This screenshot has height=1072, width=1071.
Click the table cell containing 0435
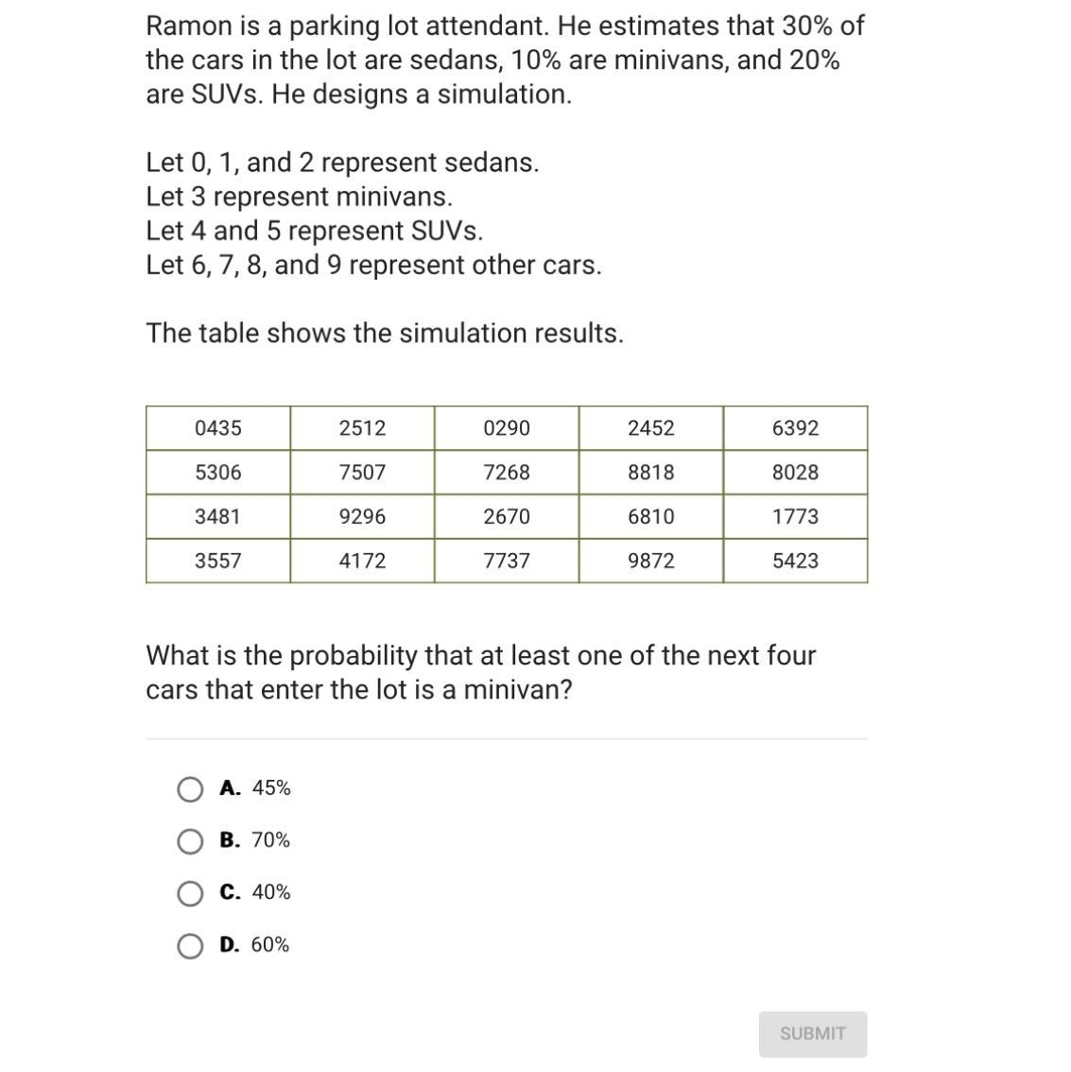click(218, 428)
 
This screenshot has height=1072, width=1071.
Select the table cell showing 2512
click(362, 428)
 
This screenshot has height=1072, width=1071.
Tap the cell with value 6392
click(795, 428)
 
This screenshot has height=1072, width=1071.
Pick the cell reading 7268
click(507, 472)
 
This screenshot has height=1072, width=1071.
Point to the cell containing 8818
click(651, 472)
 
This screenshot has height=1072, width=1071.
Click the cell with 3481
click(218, 516)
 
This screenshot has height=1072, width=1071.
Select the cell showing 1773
click(795, 516)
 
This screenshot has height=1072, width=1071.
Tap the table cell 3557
click(218, 561)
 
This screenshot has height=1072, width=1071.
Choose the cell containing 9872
click(651, 561)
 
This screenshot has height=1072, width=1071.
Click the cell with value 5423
click(795, 561)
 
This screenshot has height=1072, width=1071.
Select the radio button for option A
click(190, 789)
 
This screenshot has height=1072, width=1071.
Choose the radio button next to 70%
click(190, 841)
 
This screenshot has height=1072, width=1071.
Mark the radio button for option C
click(190, 893)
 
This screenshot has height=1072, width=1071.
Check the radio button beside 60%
click(190, 945)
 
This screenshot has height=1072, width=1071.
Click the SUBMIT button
click(812, 1033)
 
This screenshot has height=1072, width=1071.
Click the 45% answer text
click(271, 788)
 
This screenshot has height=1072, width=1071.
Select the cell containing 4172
click(362, 561)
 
